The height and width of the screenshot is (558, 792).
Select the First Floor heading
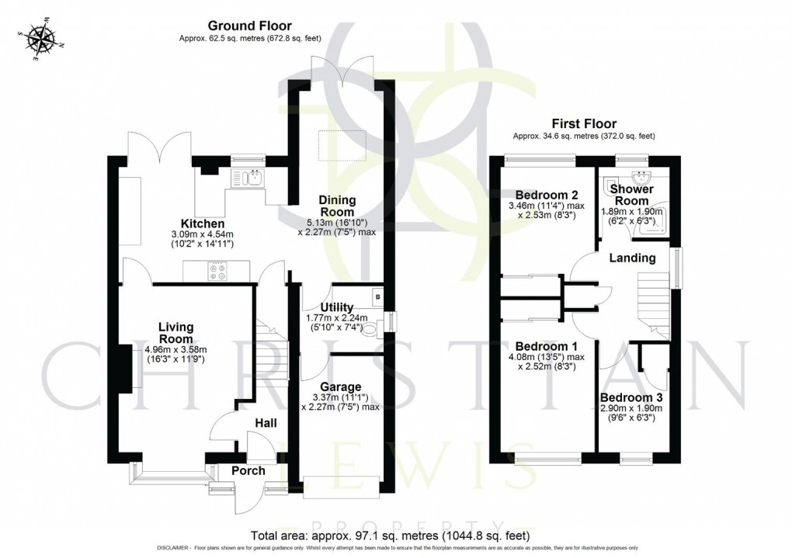coord(584,123)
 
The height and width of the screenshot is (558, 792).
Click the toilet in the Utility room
coord(373,331)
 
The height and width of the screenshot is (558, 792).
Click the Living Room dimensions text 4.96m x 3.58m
coord(176,349)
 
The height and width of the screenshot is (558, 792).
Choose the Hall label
coord(267,423)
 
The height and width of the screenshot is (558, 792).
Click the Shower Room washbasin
coord(641,178)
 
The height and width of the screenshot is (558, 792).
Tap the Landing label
coord(632,258)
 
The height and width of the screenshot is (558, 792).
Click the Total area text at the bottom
coord(391,535)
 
